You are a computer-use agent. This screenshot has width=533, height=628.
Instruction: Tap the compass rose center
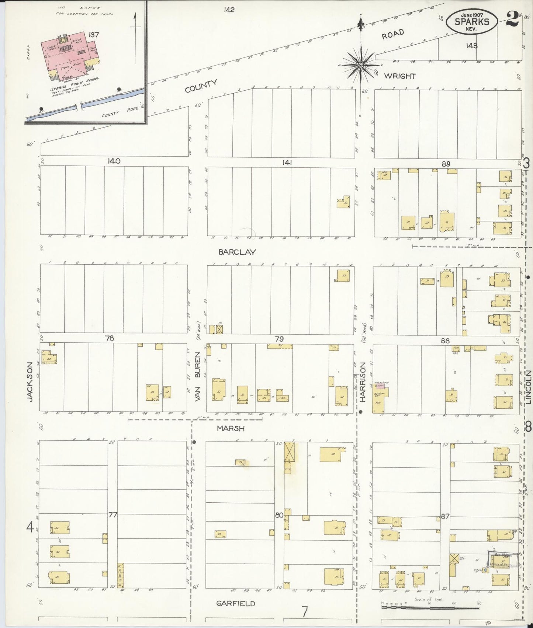(x=361, y=65)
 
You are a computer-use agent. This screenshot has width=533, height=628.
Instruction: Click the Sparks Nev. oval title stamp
(x=472, y=21)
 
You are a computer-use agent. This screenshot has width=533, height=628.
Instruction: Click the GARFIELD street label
(x=235, y=604)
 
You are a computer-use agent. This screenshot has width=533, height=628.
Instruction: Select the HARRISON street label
(x=363, y=382)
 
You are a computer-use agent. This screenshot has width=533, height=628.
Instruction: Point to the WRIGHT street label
(x=400, y=76)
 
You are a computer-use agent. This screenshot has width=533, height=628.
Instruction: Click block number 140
(x=114, y=161)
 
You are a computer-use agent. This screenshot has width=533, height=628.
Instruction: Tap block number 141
(x=285, y=162)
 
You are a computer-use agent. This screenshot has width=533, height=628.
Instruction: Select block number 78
(x=110, y=338)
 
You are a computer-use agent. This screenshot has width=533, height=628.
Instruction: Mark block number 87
(x=445, y=516)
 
